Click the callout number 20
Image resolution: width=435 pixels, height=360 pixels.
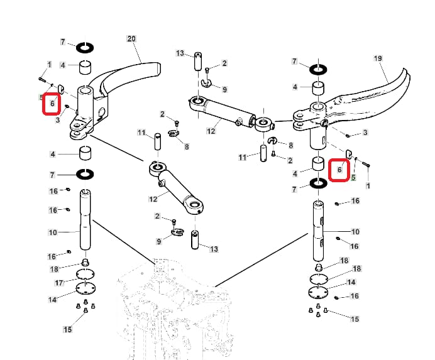click(x=131, y=39)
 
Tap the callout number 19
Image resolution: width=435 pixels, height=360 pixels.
click(x=378, y=58)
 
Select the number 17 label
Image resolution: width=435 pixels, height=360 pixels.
click(x=59, y=283)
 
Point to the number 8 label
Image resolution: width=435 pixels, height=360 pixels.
click(x=186, y=147)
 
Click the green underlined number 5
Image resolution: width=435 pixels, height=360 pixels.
click(x=353, y=178)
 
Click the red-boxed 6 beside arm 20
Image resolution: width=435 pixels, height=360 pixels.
click(x=52, y=104)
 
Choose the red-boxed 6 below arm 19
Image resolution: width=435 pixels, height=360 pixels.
click(x=339, y=170)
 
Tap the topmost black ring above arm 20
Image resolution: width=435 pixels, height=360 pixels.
click(x=85, y=47)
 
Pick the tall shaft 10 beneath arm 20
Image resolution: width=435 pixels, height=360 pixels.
click(x=85, y=223)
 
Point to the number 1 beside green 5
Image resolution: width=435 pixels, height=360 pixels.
click(x=368, y=186)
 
